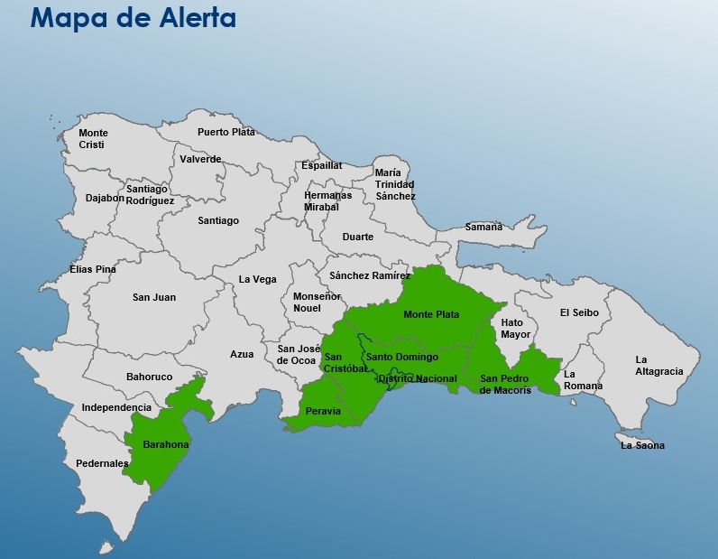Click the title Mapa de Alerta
[133, 18]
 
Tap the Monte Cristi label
[93, 139]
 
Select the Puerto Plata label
[226, 132]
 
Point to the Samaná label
[483, 227]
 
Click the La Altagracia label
[659, 365]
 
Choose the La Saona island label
[642, 445]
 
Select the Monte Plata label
[431, 315]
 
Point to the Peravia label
[324, 411]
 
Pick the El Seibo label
[578, 313]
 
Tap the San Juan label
[154, 297]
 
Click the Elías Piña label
[93, 269]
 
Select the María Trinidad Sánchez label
[395, 184]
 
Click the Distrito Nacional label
[417, 379]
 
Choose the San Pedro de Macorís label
[506, 384]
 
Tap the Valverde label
[200, 159]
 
